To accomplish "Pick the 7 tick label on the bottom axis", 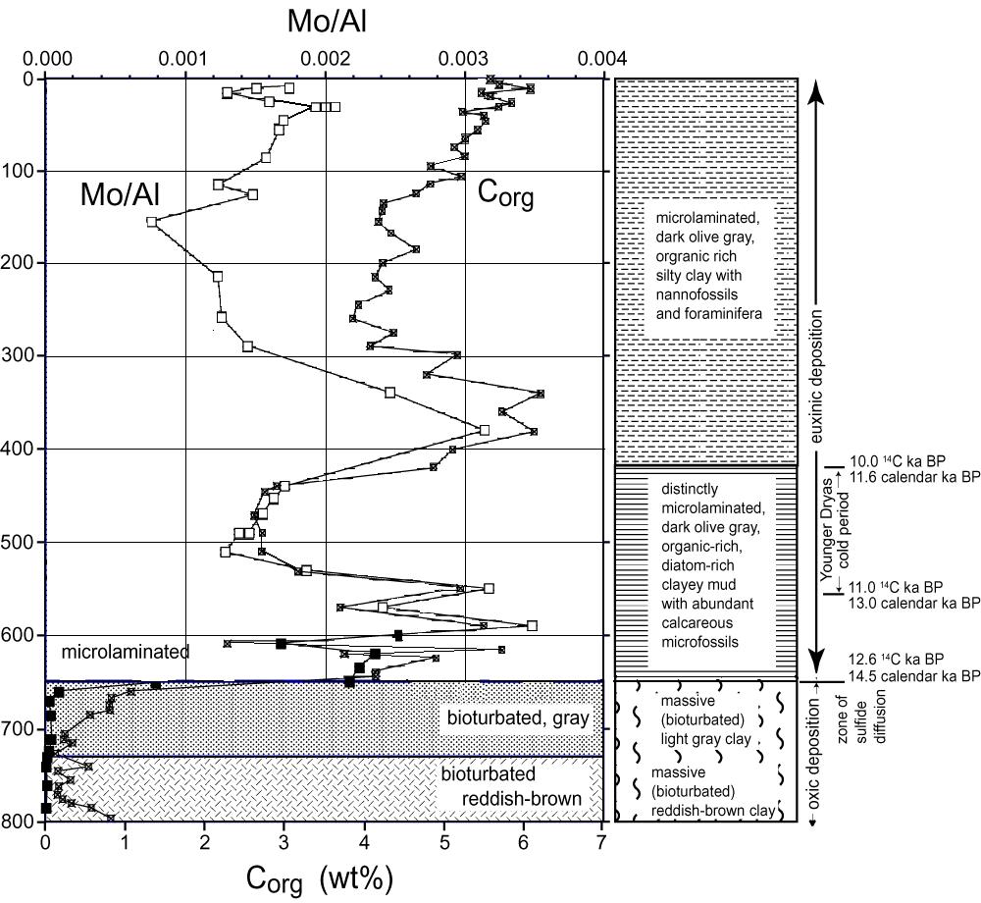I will click(x=601, y=842).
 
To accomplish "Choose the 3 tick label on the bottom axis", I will click(x=284, y=842).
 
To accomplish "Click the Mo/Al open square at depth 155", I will click(x=151, y=222).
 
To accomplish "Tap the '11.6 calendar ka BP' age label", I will click(x=916, y=476).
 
